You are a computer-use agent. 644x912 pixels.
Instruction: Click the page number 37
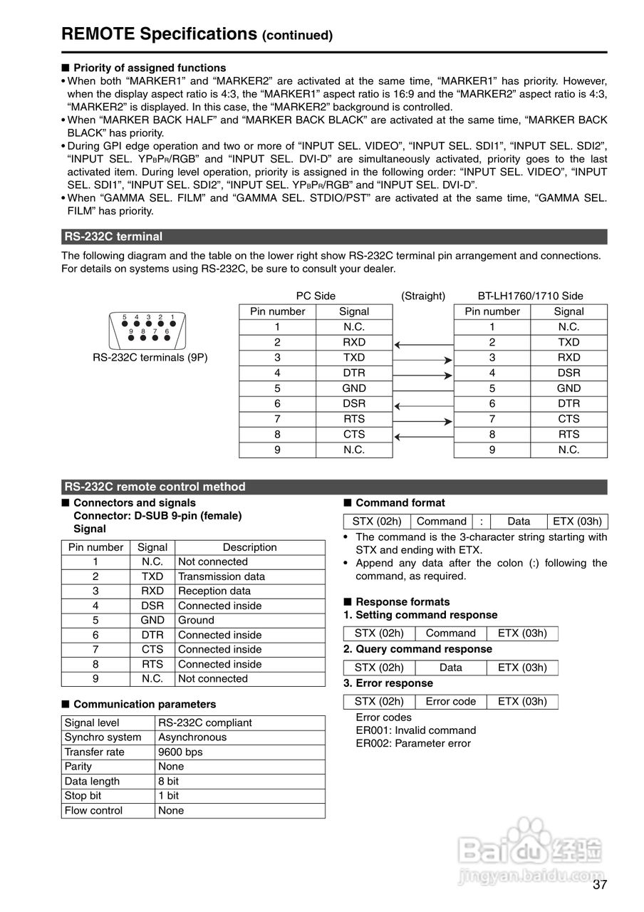click(x=599, y=885)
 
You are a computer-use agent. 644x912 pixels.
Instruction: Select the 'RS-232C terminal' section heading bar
click(x=333, y=237)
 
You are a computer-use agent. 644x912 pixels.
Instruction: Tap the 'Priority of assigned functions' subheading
click(x=150, y=68)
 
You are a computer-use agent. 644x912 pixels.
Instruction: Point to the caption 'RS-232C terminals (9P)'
click(x=150, y=357)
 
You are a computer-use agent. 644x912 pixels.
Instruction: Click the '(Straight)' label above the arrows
click(x=423, y=296)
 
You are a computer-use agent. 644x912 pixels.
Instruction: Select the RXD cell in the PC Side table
click(x=354, y=342)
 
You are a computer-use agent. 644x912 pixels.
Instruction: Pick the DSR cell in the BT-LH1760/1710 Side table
click(x=568, y=373)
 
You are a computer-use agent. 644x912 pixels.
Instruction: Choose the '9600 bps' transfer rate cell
click(x=180, y=752)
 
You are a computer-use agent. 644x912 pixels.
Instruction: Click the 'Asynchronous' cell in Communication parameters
click(x=192, y=737)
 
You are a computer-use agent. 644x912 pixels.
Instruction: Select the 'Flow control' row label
click(x=93, y=810)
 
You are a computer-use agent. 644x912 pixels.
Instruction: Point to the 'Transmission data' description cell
click(x=222, y=576)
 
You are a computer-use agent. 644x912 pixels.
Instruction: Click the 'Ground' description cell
click(x=196, y=620)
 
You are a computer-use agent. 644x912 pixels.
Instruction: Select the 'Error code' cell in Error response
click(x=450, y=701)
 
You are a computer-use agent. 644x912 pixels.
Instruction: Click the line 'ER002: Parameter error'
click(x=413, y=743)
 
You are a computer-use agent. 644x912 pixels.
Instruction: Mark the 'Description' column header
click(x=249, y=547)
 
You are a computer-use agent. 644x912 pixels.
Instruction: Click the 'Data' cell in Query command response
click(x=450, y=668)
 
